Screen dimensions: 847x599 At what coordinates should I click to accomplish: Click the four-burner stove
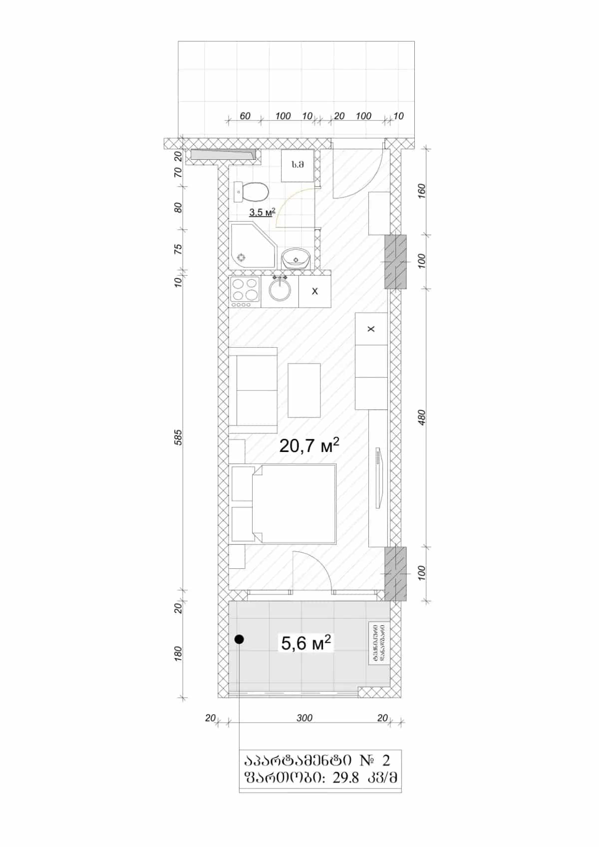pyautogui.click(x=245, y=292)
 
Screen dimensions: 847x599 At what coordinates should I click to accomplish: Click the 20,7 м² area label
pyautogui.click(x=309, y=445)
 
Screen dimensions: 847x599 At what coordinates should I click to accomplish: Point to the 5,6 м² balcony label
pyautogui.click(x=306, y=643)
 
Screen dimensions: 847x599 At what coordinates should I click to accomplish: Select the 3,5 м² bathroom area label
pyautogui.click(x=262, y=212)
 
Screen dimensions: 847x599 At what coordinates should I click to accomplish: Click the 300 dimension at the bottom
pyautogui.click(x=304, y=718)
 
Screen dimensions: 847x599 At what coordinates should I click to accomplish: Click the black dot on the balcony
pyautogui.click(x=240, y=639)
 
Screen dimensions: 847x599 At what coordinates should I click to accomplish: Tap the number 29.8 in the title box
pyautogui.click(x=346, y=778)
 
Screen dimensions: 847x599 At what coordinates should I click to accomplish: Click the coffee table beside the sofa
pyautogui.click(x=304, y=390)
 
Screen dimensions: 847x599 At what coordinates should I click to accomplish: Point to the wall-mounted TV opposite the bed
pyautogui.click(x=378, y=478)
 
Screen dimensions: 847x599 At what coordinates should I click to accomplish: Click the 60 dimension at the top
pyautogui.click(x=245, y=116)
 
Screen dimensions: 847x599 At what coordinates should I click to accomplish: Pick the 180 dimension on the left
pyautogui.click(x=179, y=652)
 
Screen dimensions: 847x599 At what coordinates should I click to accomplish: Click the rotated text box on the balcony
pyautogui.click(x=379, y=644)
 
